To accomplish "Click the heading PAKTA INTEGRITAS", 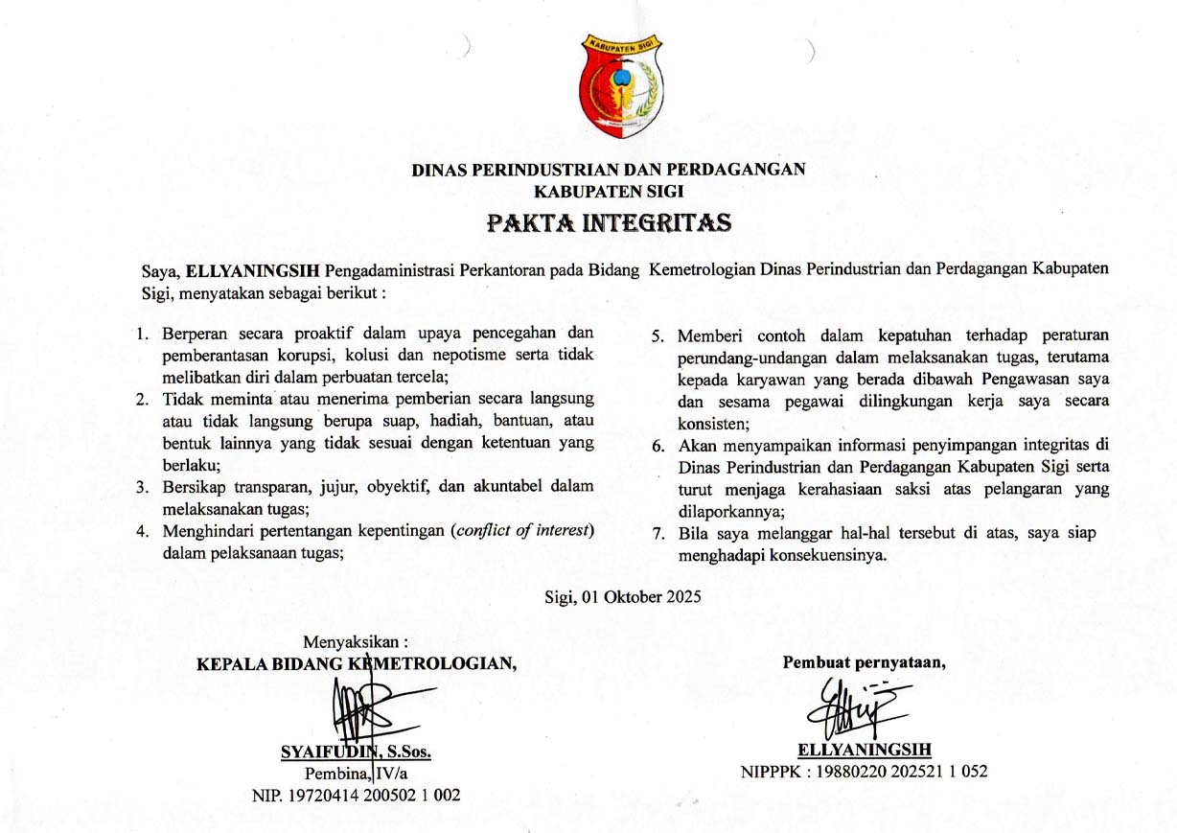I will pos(609,223).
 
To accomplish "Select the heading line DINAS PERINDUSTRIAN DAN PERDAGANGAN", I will pos(609,170).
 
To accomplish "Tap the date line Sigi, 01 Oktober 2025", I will pos(622,596).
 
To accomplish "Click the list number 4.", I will pos(142,531).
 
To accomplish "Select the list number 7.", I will pos(658,533).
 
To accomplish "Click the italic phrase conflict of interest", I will pos(522,531).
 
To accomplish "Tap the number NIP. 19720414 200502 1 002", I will pos(356,795).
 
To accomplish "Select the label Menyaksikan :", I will pos(356,641).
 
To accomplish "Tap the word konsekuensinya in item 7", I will pos(824,555).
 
